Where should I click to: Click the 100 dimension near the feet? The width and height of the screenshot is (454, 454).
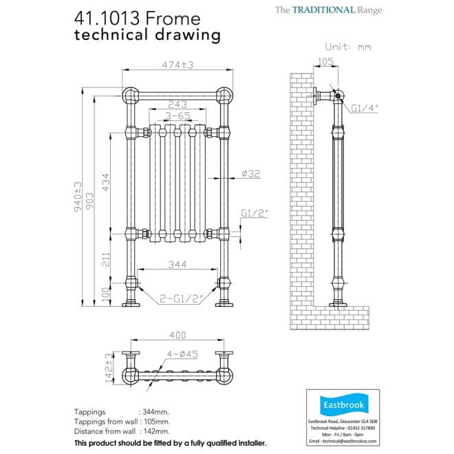coord(106,293)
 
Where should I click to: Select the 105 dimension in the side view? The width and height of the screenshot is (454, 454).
coord(327,62)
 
